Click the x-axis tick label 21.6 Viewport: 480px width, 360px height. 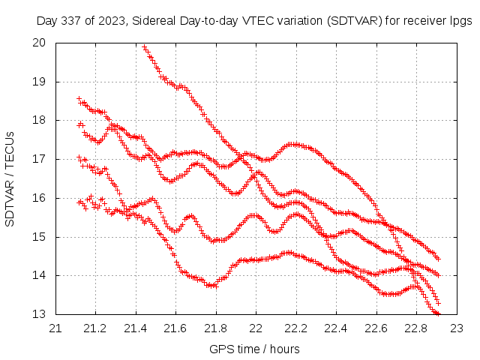point(175,328)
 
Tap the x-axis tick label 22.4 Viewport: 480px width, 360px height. point(336,328)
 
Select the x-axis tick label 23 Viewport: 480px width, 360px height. point(456,328)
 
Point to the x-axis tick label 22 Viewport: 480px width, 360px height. point(256,328)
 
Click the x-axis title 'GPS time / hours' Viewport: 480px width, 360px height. point(255,349)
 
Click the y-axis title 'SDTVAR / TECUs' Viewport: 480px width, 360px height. point(10,178)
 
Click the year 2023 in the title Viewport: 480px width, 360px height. point(115,22)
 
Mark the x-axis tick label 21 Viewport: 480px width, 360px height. point(55,328)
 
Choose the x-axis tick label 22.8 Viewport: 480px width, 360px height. point(416,328)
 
